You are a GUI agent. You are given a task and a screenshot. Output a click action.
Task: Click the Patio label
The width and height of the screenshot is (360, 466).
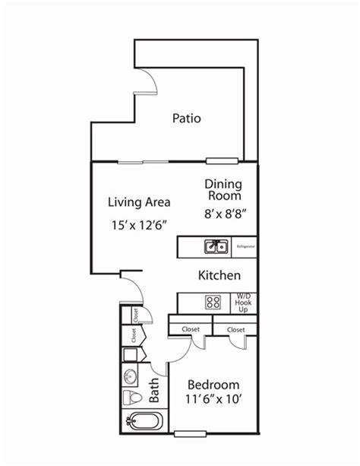coord(187,118)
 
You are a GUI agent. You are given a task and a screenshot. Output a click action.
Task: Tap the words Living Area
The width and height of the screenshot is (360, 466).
coord(138,202)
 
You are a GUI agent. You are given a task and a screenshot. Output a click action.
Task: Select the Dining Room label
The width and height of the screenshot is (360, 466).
coord(223,191)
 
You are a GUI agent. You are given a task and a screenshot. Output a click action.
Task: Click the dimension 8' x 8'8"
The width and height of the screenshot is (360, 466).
coord(223,214)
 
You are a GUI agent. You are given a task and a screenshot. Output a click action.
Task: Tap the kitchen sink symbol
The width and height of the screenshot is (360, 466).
coord(216,246)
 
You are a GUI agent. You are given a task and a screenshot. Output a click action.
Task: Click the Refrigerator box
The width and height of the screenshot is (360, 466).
coord(245,247)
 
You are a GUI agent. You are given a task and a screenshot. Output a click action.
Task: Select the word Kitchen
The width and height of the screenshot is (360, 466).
coord(219,275)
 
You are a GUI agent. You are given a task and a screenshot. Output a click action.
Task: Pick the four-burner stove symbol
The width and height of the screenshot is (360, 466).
coord(213,303)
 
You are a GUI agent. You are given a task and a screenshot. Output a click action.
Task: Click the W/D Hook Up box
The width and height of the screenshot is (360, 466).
coord(244,303)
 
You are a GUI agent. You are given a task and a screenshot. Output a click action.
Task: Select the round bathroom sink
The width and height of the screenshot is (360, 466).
coord(130,376)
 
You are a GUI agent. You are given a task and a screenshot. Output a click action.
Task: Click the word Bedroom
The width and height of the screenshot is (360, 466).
coord(213,384)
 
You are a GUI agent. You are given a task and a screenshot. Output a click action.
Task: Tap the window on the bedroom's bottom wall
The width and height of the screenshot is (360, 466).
coord(191,434)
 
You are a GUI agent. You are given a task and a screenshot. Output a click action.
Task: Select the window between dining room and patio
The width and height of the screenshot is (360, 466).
coord(223,160)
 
